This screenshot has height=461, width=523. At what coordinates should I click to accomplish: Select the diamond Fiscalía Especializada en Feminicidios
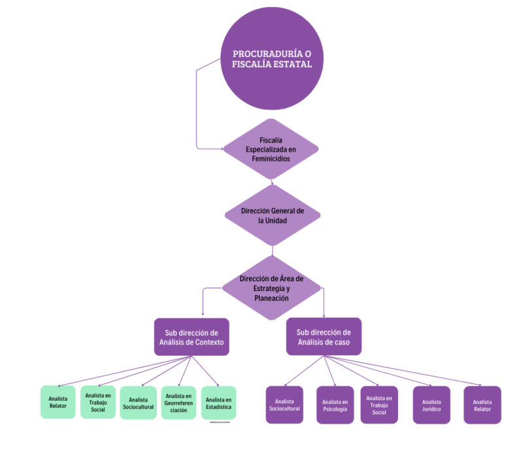pyautogui.click(x=271, y=149)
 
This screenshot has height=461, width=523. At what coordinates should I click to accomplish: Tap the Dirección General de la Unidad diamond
pyautogui.click(x=272, y=215)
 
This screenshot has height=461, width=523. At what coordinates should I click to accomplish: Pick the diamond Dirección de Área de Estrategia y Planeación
pyautogui.click(x=272, y=288)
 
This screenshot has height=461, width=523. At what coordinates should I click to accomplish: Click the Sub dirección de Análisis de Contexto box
pyautogui.click(x=192, y=337)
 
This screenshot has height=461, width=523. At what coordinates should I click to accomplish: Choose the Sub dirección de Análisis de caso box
pyautogui.click(x=324, y=337)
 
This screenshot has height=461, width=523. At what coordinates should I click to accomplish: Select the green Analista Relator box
pyautogui.click(x=58, y=401)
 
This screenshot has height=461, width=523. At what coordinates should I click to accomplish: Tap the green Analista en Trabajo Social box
pyautogui.click(x=98, y=401)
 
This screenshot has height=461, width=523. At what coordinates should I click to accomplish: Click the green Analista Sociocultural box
pyautogui.click(x=138, y=403)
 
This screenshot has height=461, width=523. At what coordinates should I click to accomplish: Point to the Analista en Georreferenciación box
pyautogui.click(x=178, y=403)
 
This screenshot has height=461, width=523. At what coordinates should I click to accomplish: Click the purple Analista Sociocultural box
pyautogui.click(x=284, y=405)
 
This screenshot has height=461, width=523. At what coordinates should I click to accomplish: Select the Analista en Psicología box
pyautogui.click(x=335, y=405)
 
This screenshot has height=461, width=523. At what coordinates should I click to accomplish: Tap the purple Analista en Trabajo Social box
pyautogui.click(x=379, y=405)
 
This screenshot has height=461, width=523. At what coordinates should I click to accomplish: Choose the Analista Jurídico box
pyautogui.click(x=431, y=405)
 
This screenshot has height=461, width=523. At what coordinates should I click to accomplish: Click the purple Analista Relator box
pyautogui.click(x=482, y=405)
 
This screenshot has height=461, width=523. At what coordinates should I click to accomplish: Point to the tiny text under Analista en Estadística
pyautogui.click(x=220, y=422)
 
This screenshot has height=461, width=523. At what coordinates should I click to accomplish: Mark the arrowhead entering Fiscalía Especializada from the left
pyautogui.click(x=222, y=149)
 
